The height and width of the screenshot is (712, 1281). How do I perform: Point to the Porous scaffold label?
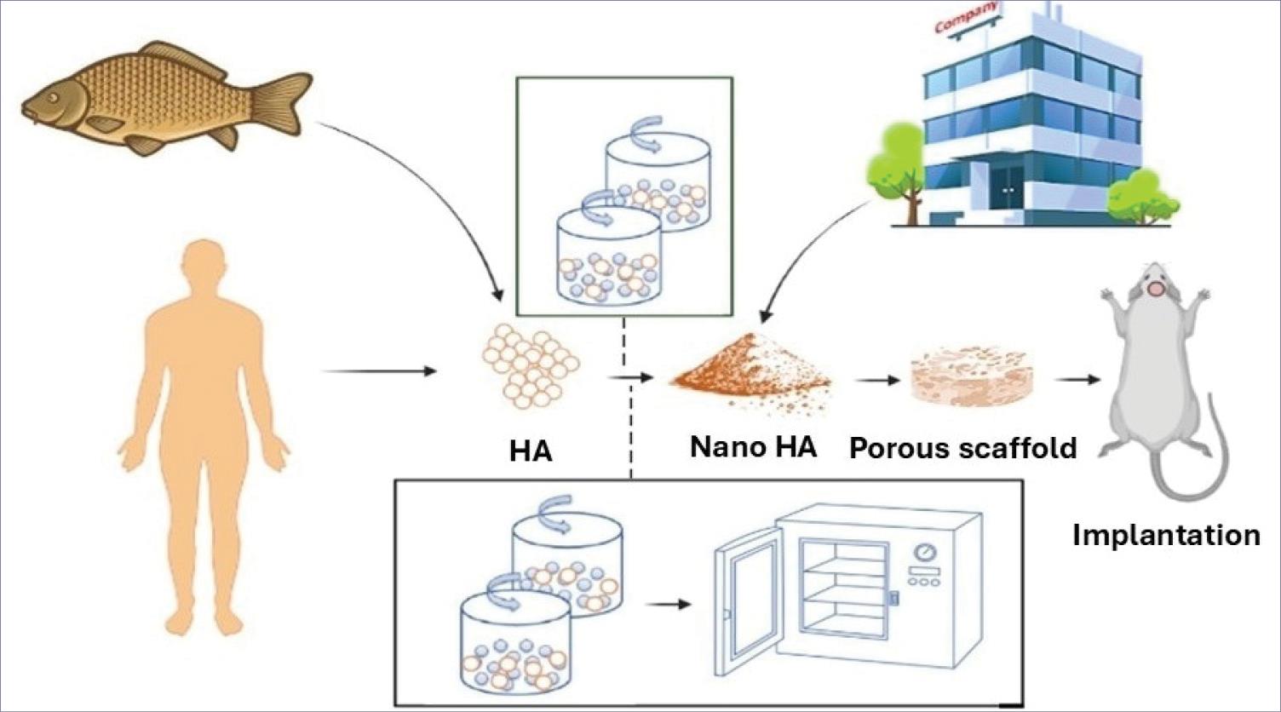pyautogui.click(x=963, y=447)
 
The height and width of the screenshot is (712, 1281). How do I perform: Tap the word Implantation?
pyautogui.click(x=1165, y=535)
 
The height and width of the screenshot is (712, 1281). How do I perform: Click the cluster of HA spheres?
pyautogui.click(x=530, y=362)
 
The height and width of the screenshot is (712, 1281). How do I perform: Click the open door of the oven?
pyautogui.click(x=747, y=596)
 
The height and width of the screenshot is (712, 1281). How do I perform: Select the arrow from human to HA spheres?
pyautogui.click(x=379, y=371)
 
